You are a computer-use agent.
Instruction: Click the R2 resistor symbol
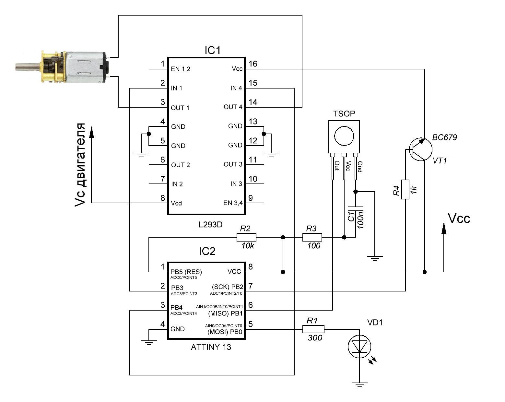(246, 237)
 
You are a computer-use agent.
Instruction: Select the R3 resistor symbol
(312, 237)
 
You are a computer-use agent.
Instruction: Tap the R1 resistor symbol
(313, 330)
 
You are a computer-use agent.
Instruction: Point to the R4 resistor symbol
(405, 189)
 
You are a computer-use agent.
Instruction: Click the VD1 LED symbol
(359, 347)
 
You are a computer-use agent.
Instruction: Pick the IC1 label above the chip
(212, 51)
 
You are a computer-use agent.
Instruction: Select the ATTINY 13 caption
(211, 347)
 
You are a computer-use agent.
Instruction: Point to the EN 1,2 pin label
(181, 69)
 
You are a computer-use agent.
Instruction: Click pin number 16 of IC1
(253, 64)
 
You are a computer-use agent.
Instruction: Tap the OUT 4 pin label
(233, 107)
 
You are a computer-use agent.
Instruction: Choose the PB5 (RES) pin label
(186, 272)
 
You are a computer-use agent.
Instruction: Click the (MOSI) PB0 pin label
(225, 332)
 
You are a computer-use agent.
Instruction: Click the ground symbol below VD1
(359, 384)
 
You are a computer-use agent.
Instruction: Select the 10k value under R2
(248, 246)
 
